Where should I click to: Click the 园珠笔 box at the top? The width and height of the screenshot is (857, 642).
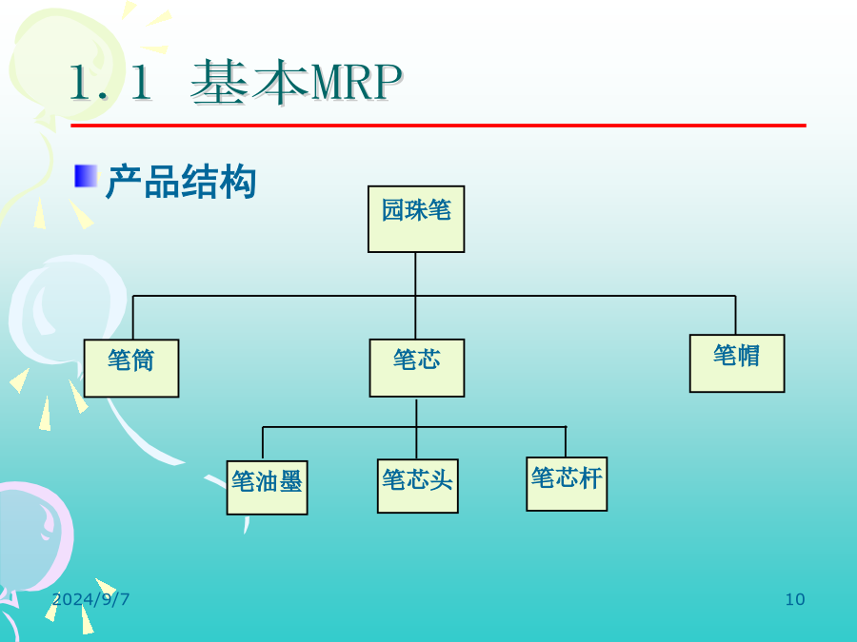[416, 219]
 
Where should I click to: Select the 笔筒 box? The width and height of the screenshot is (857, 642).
[131, 368]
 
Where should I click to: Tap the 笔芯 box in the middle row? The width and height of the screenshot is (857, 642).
[416, 367]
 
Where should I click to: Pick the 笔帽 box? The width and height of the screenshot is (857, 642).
[737, 363]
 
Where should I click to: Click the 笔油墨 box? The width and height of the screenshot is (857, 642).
[268, 488]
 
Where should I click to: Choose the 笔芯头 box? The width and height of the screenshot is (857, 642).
[418, 486]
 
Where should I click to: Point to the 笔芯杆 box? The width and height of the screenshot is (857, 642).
[567, 484]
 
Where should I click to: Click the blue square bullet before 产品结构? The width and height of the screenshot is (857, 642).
[86, 176]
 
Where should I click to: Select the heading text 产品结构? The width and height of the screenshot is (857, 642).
[181, 182]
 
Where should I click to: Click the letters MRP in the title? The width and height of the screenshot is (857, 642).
[356, 83]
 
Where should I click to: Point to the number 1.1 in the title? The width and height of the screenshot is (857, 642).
[110, 83]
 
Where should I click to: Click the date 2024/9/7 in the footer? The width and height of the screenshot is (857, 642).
[90, 599]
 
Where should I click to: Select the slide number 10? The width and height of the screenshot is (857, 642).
[795, 599]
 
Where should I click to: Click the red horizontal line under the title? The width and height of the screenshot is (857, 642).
[438, 126]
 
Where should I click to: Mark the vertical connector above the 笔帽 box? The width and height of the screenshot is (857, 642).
[735, 315]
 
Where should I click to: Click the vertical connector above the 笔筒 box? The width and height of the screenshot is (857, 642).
[133, 317]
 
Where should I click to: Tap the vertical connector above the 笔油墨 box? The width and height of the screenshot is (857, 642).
[263, 444]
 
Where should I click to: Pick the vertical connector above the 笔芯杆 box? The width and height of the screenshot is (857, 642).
[566, 441]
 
